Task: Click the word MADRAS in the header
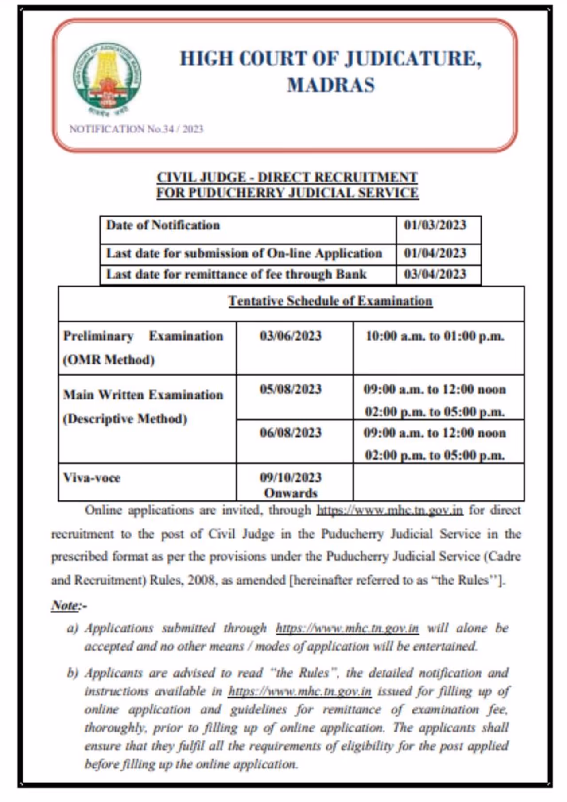click(331, 85)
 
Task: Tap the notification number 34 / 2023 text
click(136, 129)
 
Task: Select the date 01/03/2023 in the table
click(435, 225)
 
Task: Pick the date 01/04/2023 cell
click(435, 253)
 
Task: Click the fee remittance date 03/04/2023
click(435, 274)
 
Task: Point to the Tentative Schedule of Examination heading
click(330, 301)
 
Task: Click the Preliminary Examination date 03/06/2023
click(291, 336)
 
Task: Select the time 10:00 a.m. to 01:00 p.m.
click(435, 336)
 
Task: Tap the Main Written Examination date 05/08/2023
click(291, 389)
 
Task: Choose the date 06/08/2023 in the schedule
click(291, 433)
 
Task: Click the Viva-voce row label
click(92, 478)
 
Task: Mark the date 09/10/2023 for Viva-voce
click(291, 478)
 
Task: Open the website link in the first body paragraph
click(390, 510)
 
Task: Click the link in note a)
click(347, 628)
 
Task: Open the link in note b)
click(299, 691)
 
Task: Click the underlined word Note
click(65, 605)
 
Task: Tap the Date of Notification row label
click(163, 225)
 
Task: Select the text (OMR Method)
click(109, 360)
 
